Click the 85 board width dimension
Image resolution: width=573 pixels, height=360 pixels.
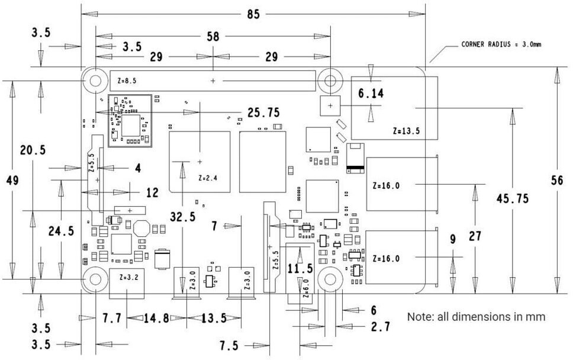(x=253, y=14)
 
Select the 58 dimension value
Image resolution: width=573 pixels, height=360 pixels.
(x=213, y=36)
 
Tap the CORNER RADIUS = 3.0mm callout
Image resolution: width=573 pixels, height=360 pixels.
(x=501, y=44)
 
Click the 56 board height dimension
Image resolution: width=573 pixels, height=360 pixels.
(x=557, y=180)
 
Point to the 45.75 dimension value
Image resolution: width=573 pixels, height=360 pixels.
(x=513, y=198)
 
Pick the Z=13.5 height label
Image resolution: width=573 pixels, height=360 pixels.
(x=406, y=131)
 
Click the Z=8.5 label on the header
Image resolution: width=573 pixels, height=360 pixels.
(x=127, y=81)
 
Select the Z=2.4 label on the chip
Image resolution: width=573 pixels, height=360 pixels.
(x=208, y=178)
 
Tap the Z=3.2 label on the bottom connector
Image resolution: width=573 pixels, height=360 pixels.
(x=129, y=277)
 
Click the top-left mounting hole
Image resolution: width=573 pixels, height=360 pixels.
(x=95, y=81)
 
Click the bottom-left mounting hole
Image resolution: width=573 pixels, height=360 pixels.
(x=95, y=279)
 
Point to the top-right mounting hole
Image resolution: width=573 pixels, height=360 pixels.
(x=330, y=81)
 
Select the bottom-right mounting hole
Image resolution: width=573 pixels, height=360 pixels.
(x=330, y=279)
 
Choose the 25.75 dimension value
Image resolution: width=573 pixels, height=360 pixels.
(x=264, y=112)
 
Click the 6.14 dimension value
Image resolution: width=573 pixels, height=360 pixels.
(x=371, y=94)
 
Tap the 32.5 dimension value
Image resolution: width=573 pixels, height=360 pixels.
(x=183, y=217)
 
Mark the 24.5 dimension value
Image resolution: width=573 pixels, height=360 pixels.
(x=62, y=231)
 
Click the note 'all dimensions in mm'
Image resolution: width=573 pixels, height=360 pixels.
(x=476, y=317)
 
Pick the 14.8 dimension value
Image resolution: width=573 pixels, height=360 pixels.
(x=156, y=319)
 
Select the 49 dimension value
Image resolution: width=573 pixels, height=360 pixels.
(x=12, y=180)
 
